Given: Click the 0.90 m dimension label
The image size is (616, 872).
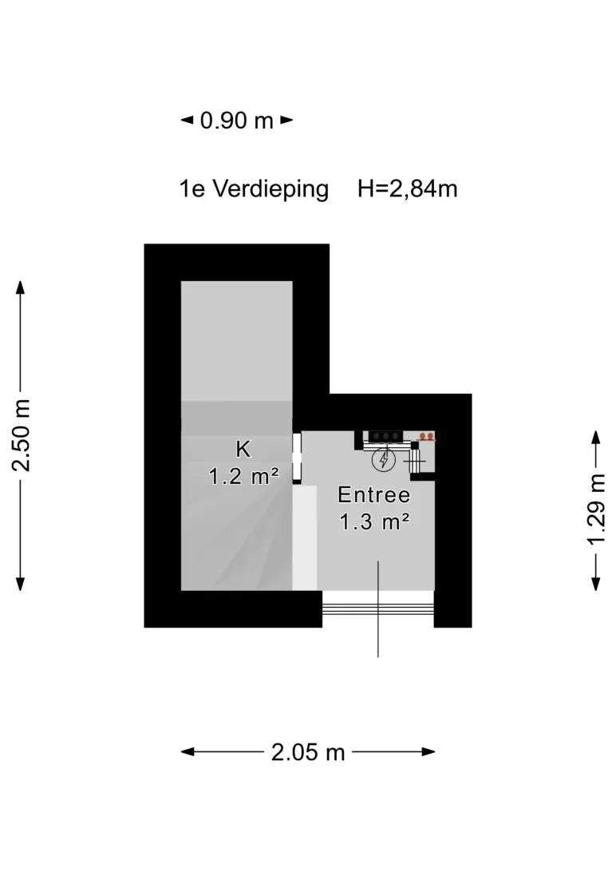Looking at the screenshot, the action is coord(237,120).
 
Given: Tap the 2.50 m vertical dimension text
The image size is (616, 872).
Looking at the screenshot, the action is coord(21,435).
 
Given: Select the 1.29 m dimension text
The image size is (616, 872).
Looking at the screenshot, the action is coord(596,509).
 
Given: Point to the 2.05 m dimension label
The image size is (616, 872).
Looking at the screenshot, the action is coord(308,752).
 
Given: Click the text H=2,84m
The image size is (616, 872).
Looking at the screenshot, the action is coord(407,189).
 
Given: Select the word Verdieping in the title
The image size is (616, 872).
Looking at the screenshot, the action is coord(270,189).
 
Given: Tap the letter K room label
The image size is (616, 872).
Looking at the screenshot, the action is coord(243,449).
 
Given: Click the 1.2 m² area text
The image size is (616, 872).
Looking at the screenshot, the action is coord(243,477).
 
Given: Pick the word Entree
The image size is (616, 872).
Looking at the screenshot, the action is coord(373,494).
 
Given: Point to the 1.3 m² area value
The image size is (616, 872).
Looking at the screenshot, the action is coord(374,522).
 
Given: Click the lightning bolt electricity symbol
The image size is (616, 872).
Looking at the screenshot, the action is coord(383,460).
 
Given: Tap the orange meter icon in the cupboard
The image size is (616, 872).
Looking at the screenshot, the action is coord(426,437).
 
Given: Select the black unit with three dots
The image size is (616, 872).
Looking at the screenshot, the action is coord(385,436).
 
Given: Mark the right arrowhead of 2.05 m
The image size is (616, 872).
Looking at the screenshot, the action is coord(428,752).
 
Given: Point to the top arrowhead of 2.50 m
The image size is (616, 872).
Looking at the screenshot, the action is coord(21,287).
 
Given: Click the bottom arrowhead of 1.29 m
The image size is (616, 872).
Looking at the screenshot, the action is coord(596,584).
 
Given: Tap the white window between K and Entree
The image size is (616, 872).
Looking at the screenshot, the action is coord(297,457).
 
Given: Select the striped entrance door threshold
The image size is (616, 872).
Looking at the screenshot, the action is coord(378,603).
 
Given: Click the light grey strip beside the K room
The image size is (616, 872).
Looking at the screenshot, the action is coord(305,537).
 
